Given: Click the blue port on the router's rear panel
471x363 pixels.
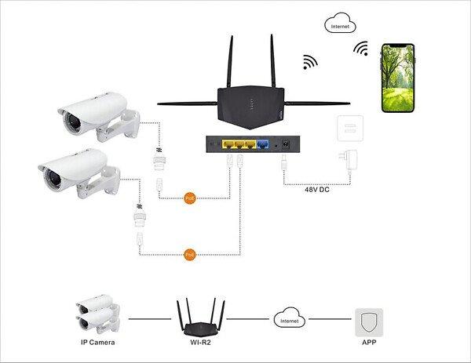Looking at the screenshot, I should [x=263, y=145].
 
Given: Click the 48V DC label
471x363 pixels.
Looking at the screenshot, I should [x=321, y=189].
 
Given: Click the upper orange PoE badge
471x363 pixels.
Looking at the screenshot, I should [x=188, y=198].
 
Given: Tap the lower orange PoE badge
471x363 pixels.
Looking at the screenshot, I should [x=188, y=255].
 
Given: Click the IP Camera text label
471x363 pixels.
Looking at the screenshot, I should [x=99, y=343].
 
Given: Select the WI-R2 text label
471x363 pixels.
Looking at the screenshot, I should [x=200, y=343].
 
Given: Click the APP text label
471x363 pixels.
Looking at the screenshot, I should [x=368, y=343].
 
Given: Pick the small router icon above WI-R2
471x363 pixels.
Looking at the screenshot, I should [x=201, y=316].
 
